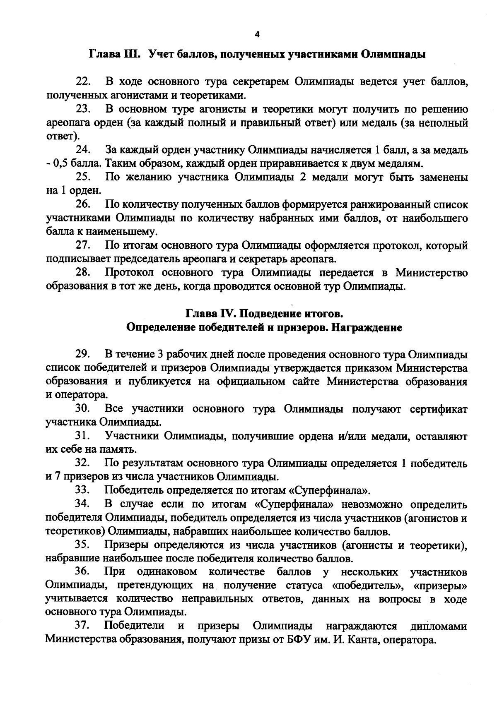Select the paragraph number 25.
tap(83, 178)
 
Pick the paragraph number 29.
tap(83, 355)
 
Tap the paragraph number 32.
tap(83, 463)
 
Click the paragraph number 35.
tap(83, 545)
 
